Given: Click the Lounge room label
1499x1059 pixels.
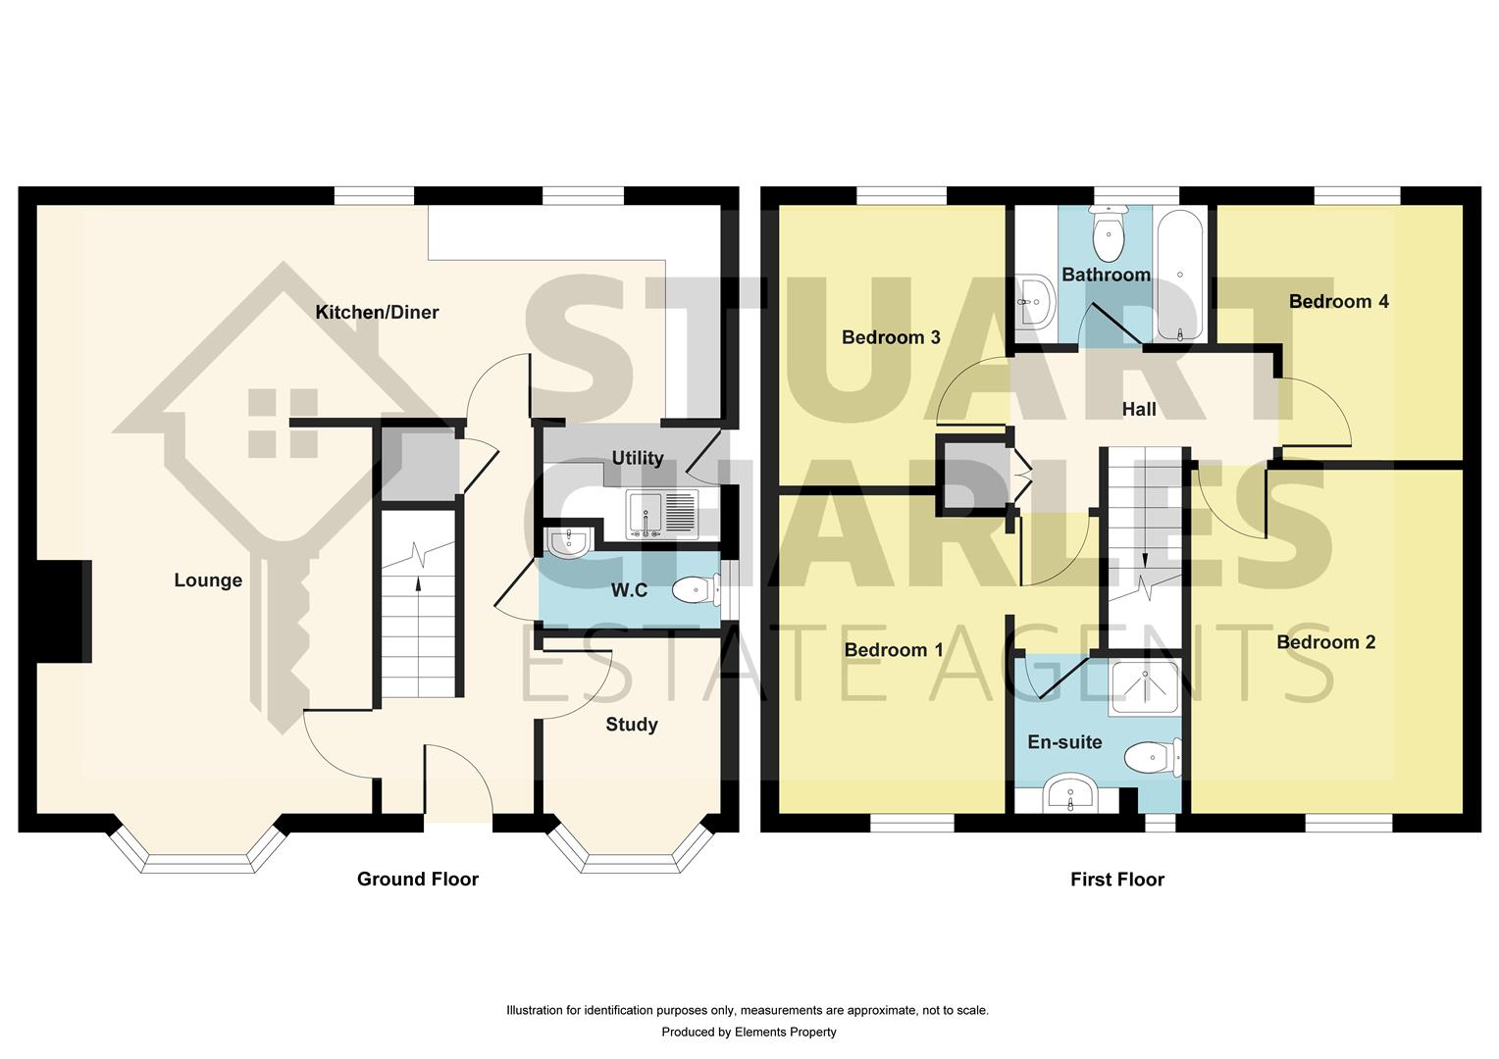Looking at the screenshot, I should click(x=208, y=580).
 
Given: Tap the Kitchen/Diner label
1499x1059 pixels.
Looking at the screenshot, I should click(x=377, y=312).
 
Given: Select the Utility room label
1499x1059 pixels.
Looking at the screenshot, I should click(x=638, y=458).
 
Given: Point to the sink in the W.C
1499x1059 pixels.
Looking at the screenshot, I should click(x=566, y=542).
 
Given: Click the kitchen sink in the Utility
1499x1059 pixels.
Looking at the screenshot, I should click(x=662, y=514).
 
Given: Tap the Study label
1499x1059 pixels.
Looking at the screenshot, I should click(x=631, y=725).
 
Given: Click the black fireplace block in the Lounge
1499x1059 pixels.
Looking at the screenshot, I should click(x=64, y=612).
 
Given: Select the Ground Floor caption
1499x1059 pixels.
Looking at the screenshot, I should click(x=417, y=879).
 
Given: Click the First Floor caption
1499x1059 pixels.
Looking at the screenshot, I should click(x=1116, y=880).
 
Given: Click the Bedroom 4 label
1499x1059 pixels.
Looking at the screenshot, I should click(x=1338, y=301).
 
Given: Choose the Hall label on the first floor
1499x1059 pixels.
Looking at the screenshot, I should click(x=1138, y=409).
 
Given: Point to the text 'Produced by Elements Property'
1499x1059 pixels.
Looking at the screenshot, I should click(x=749, y=1032).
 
